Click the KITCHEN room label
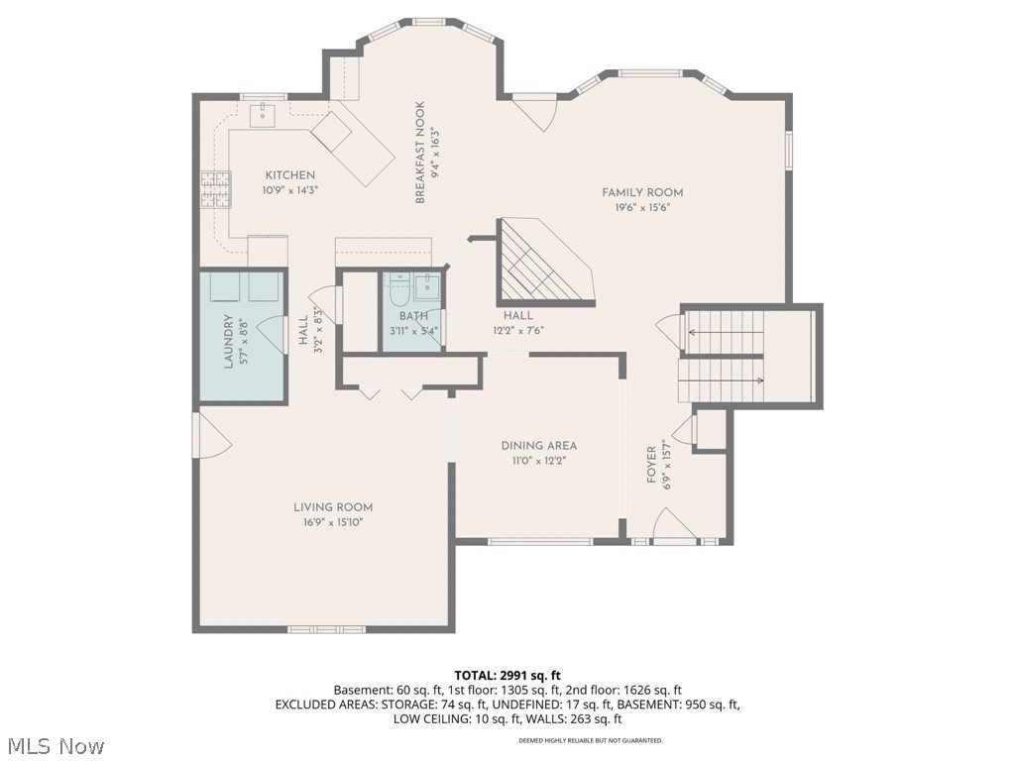coord(289,175)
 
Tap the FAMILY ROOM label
coord(642,192)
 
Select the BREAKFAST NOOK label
coord(420,153)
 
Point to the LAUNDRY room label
coord(228,341)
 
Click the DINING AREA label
coord(538,446)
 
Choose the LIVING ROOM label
coord(333,507)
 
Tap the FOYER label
coord(651,464)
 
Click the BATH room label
coord(413,316)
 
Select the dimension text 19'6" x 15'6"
coord(642,207)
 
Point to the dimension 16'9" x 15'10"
coord(333,522)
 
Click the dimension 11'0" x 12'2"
coord(538,460)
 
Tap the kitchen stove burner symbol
coord(215,189)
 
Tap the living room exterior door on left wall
coord(212,436)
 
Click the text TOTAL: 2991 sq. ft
coord(507,673)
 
